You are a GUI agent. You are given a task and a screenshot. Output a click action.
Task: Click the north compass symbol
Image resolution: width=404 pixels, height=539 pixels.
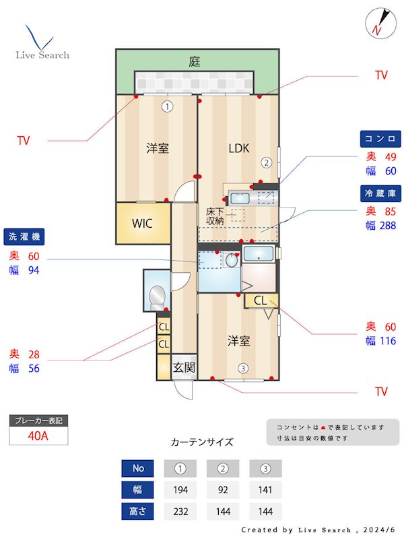point(378,22)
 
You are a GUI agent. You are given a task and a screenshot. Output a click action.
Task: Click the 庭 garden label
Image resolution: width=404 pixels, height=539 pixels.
point(195,61)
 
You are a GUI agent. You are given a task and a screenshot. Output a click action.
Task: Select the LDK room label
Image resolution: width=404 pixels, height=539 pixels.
point(238,148)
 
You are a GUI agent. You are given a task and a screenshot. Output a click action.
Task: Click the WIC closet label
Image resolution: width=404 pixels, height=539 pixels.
point(142,223)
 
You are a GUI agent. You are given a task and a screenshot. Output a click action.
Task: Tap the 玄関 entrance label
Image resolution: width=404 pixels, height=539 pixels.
point(184,367)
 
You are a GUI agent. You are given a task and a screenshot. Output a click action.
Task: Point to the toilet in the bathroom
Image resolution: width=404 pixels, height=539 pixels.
point(158,295)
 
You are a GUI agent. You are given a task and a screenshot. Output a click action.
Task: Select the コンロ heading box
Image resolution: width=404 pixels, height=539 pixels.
point(380,139)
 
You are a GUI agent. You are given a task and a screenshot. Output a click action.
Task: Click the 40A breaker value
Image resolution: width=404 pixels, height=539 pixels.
point(38,435)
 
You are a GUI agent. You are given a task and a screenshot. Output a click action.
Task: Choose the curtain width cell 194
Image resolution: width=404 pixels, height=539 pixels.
point(180,489)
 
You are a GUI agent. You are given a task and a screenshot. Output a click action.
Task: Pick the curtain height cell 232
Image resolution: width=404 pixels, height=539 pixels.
point(180,511)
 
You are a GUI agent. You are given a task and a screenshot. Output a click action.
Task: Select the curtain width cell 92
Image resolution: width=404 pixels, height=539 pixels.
point(223,489)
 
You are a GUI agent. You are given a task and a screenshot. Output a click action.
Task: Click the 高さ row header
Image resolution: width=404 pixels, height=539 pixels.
point(138,511)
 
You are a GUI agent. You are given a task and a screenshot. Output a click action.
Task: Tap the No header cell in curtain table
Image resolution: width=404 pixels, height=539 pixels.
point(138,468)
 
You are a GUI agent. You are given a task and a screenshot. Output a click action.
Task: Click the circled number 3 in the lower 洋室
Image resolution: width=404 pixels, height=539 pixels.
point(242,368)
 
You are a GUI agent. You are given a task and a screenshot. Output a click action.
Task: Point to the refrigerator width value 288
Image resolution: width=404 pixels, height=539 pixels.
point(389,226)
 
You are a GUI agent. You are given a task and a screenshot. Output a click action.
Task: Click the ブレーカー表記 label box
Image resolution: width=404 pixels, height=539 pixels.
point(38,420)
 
